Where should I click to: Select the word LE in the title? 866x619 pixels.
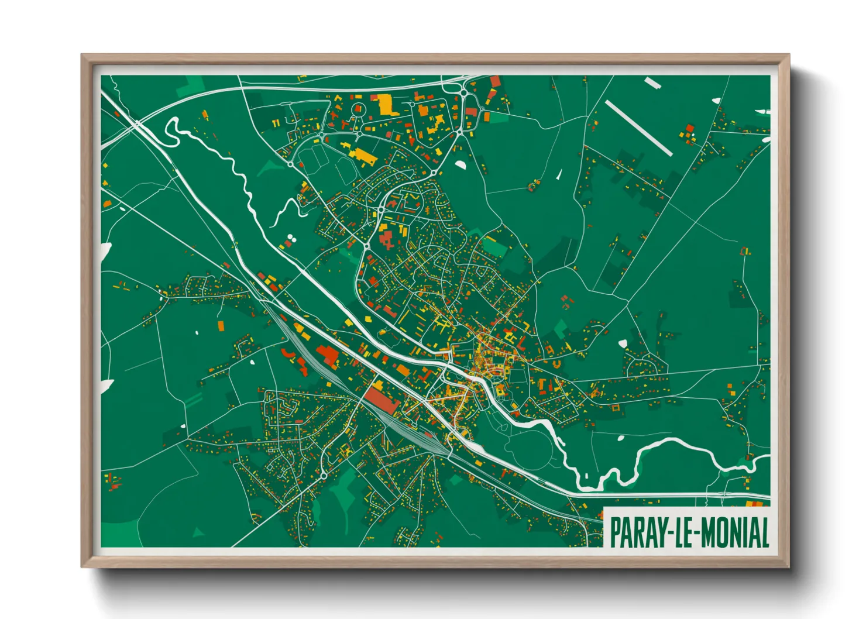point(685,532)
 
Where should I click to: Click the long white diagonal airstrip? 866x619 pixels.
point(638,128)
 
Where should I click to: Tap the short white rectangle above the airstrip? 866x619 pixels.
point(652,84)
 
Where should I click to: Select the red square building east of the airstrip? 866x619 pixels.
point(689,128)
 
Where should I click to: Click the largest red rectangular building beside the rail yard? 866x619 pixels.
point(382,401)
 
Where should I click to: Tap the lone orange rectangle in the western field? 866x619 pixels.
point(221,326)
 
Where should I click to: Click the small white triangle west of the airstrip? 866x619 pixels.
point(559,174)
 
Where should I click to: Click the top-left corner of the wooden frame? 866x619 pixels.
point(83,56)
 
